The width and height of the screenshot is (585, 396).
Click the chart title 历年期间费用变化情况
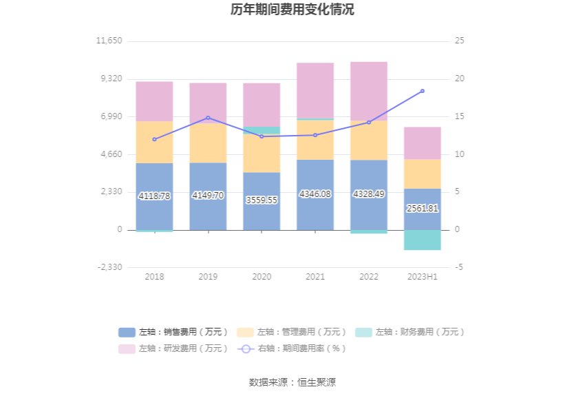pos(292,10)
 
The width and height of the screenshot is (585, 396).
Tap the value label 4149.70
pos(208,196)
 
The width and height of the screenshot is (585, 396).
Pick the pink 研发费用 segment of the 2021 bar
pos(315,90)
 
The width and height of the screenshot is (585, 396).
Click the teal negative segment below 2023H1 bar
pos(423,240)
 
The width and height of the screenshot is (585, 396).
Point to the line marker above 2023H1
pos(423,91)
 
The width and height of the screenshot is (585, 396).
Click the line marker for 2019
pos(208,118)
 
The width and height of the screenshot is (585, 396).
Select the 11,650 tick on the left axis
pos(109,41)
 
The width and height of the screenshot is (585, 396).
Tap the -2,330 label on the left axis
pos(109,267)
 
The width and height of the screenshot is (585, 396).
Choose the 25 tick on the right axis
pos(460,41)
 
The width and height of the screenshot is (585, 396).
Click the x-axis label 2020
pos(262,277)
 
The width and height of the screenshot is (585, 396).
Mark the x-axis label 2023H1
pos(423,277)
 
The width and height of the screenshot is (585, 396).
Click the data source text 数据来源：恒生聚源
pos(292,382)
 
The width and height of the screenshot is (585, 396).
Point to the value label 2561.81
pos(423,208)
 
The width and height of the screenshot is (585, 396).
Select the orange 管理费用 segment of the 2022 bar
pos(369,140)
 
